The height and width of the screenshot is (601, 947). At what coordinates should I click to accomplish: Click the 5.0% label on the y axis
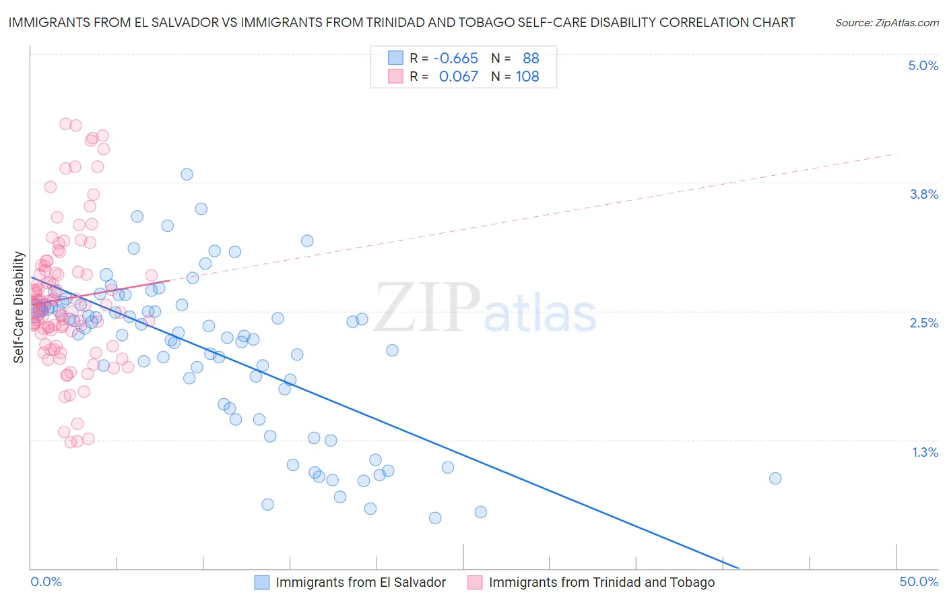click(923, 65)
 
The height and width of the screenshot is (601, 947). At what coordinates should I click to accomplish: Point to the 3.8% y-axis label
click(923, 194)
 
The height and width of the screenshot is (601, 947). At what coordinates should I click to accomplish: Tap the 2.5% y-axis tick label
click(923, 323)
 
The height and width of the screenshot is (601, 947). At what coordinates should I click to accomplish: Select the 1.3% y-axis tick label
click(925, 452)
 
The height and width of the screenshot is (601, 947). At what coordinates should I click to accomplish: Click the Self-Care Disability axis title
click(19, 307)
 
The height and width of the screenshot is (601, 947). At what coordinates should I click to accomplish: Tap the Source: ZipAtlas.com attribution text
click(886, 23)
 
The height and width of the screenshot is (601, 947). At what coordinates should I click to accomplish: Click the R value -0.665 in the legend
click(455, 59)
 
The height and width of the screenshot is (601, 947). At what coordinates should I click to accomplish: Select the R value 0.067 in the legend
click(458, 77)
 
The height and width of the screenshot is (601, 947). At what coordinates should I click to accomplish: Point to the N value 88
click(531, 59)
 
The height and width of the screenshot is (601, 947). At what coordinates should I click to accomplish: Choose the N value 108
click(527, 77)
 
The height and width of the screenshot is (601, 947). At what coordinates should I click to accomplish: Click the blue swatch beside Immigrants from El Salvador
click(262, 582)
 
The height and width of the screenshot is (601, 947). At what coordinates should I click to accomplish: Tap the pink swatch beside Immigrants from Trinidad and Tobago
click(475, 582)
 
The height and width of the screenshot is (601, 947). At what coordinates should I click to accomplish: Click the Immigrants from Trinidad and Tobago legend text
click(601, 582)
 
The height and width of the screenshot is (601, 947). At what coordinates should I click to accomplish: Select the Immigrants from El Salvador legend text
click(360, 582)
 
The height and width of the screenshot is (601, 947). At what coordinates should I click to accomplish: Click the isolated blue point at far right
click(775, 478)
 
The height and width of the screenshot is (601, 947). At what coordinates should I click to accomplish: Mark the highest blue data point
click(187, 175)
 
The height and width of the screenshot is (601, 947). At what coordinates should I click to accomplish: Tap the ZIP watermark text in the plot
click(427, 307)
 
